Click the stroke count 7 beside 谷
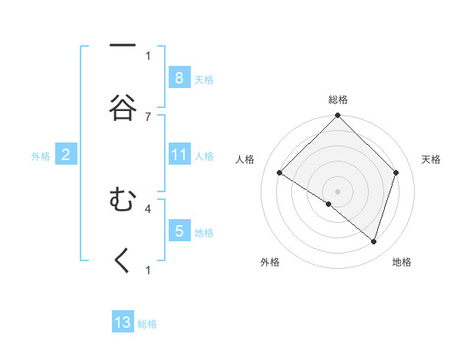click(148, 116)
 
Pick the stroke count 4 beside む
click(148, 208)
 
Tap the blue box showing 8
click(179, 77)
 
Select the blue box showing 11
click(179, 155)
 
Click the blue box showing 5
click(179, 231)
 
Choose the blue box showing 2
click(66, 155)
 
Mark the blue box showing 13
click(123, 322)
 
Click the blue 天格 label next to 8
click(204, 79)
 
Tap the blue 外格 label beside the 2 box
click(41, 156)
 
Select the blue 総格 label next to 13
click(147, 324)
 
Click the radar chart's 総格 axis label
click(338, 100)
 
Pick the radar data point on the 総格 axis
click(337, 116)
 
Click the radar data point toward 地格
click(373, 242)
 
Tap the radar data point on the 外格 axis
click(329, 204)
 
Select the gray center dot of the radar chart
click(337, 191)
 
